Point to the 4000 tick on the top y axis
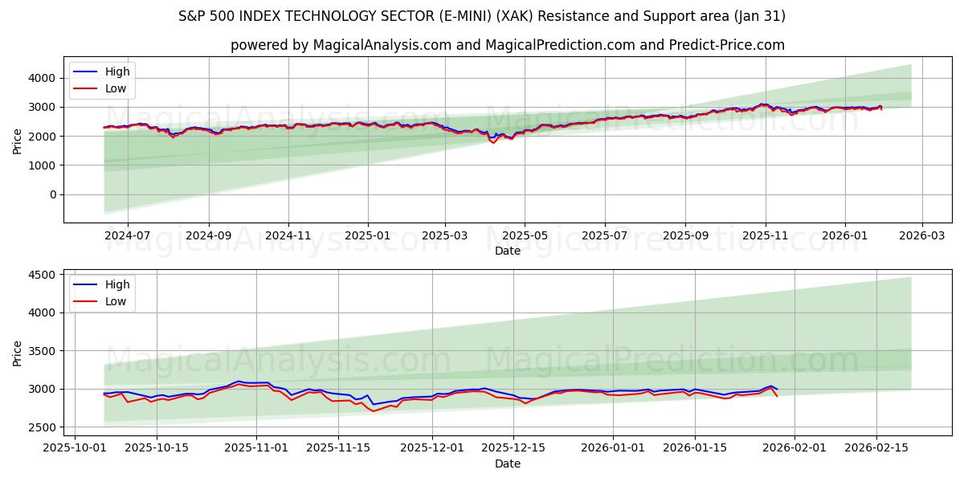point(43,78)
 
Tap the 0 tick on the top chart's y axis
point(52,194)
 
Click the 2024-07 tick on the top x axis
point(128,236)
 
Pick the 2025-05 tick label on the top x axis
point(525,236)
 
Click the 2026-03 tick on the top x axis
point(921,236)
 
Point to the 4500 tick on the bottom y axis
point(43,275)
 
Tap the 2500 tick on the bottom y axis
point(43,427)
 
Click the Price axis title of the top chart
point(18,140)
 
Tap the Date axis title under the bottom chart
point(507,464)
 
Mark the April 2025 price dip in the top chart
point(493,142)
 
